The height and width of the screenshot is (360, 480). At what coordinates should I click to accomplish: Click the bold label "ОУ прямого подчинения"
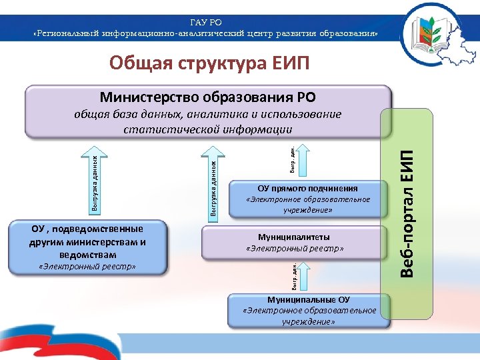tap(307, 188)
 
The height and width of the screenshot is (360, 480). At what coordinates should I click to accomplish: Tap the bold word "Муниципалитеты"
tap(294, 237)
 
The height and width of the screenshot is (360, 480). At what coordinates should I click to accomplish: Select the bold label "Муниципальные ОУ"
tap(308, 299)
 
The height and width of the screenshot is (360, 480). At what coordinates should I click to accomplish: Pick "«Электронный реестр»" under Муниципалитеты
tap(294, 248)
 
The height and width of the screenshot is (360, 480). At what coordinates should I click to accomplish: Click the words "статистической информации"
tap(208, 129)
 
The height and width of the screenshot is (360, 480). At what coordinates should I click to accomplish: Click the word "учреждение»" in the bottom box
tap(308, 321)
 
